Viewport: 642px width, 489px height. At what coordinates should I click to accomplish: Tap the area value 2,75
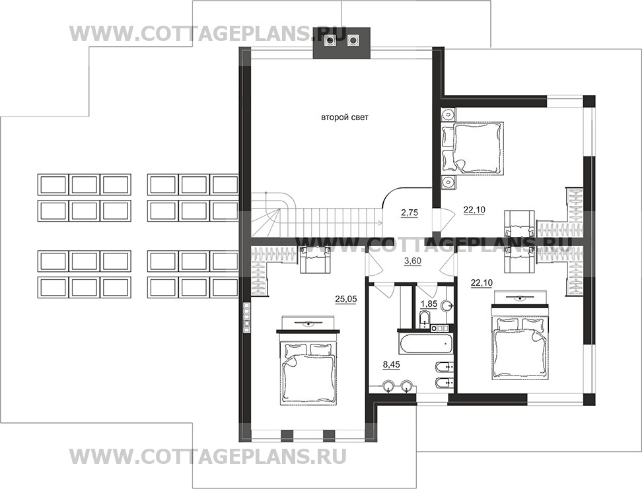click(410, 212)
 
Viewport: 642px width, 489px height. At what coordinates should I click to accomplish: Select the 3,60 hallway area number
click(412, 261)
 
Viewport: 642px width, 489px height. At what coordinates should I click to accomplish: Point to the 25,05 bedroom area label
click(346, 300)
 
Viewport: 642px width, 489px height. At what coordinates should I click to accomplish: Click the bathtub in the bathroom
click(424, 343)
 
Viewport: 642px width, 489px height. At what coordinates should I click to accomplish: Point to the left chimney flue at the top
click(330, 40)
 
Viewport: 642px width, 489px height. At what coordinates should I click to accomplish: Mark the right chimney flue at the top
click(353, 40)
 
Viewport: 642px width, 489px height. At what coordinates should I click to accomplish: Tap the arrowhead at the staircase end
click(381, 222)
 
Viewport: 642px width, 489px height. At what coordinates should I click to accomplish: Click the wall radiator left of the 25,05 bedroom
click(246, 317)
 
